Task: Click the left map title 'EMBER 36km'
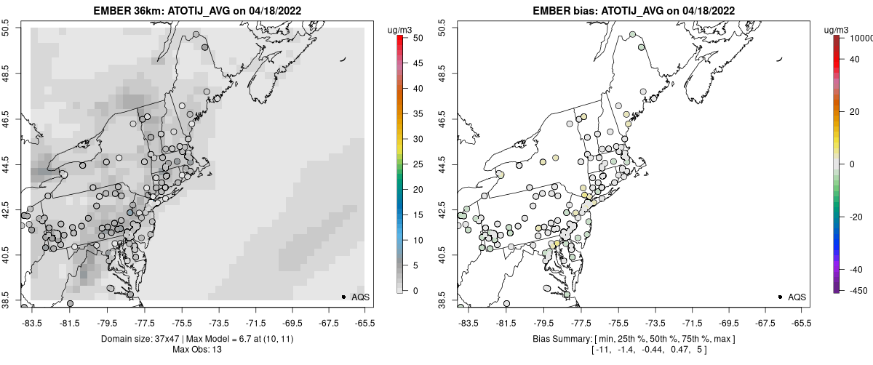[x=127, y=12]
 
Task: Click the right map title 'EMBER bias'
[x=554, y=12]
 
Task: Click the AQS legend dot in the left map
[x=343, y=297]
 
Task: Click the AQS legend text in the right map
[x=797, y=297]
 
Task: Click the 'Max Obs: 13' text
[x=199, y=350]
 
